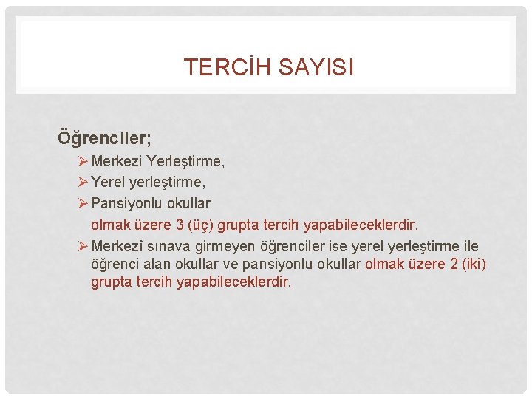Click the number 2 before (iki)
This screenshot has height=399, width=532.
(x=454, y=265)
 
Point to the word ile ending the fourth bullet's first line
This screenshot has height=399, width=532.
(x=469, y=246)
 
